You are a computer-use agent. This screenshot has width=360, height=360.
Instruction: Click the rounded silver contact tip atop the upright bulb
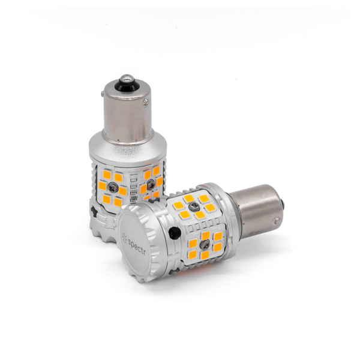click(x=126, y=79)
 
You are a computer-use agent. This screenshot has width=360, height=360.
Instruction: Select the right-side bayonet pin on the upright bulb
click(x=145, y=103)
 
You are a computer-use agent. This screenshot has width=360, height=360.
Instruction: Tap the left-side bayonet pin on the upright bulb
click(x=102, y=93)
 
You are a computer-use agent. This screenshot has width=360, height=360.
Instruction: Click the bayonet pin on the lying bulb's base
click(x=278, y=220)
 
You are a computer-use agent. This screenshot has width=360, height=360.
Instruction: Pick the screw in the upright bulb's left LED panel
click(x=112, y=185)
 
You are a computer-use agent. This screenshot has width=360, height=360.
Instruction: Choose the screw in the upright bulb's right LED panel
click(x=151, y=184)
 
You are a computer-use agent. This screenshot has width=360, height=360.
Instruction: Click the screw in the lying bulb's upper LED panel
click(x=193, y=208)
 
